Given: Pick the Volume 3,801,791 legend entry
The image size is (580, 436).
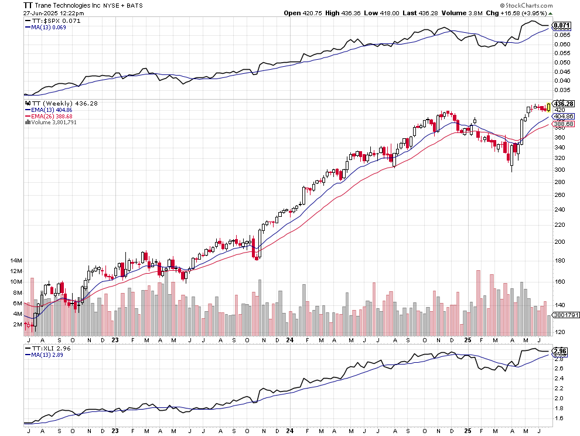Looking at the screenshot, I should tap(55, 122).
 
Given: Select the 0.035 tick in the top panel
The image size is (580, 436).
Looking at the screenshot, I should tap(562, 90).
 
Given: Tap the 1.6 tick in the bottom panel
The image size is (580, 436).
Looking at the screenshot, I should tap(559, 418).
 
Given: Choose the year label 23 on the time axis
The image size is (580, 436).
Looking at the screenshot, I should tap(115, 339).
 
